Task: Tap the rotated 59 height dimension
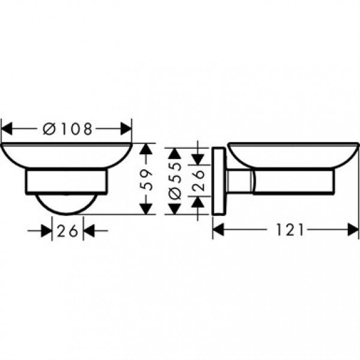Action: coord(145,178)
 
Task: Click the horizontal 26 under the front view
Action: coord(68,230)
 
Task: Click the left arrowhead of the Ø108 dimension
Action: coord(7,128)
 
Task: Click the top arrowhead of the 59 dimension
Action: coord(145,149)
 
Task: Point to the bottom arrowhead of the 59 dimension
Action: coord(145,208)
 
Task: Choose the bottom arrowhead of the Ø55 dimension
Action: coord(174,207)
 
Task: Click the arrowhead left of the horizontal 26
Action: coord(47,230)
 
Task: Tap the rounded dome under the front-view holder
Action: coord(66,205)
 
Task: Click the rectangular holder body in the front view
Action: coord(67,183)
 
